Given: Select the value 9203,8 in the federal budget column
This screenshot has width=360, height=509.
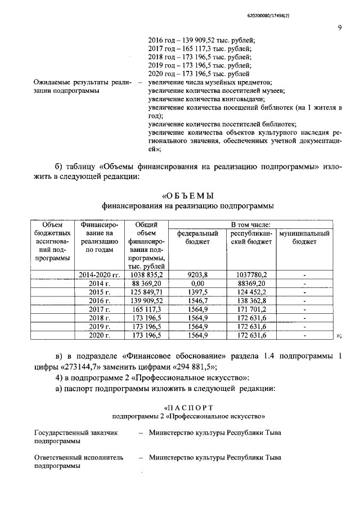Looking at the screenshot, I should [x=197, y=274].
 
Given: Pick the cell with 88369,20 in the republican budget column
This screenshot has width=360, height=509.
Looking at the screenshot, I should [x=250, y=283].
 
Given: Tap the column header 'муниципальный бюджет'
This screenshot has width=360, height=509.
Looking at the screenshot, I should [x=304, y=237].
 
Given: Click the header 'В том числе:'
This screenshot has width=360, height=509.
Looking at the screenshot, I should [x=251, y=225].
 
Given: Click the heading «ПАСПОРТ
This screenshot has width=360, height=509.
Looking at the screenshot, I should [x=188, y=406].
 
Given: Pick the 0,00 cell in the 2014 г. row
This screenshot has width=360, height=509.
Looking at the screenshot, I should [x=197, y=283].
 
